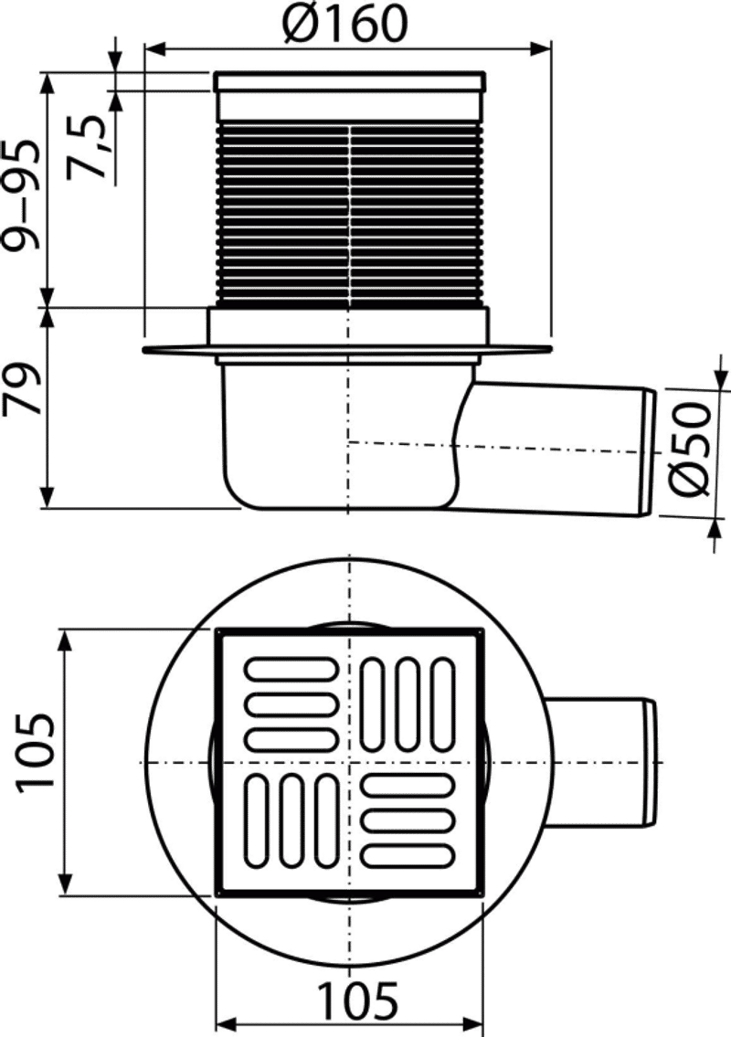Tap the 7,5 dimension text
[x=88, y=146]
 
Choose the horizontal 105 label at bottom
[x=358, y=1000]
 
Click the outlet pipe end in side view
[x=649, y=453]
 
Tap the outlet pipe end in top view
[x=653, y=763]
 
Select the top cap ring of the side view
[x=349, y=82]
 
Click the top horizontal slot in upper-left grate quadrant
[x=291, y=668]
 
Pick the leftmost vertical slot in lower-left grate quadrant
[x=256, y=821]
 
